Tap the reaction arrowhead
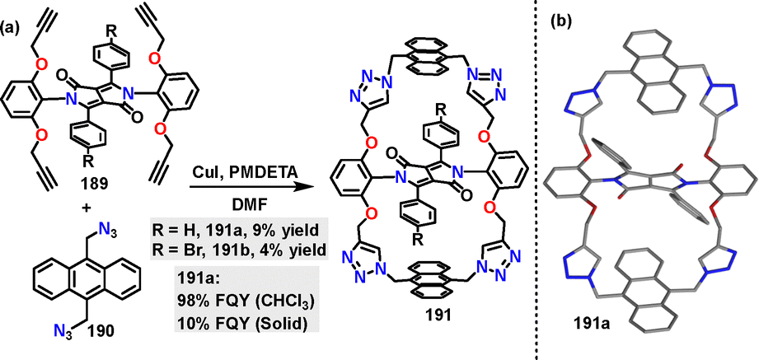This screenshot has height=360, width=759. [310, 187]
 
